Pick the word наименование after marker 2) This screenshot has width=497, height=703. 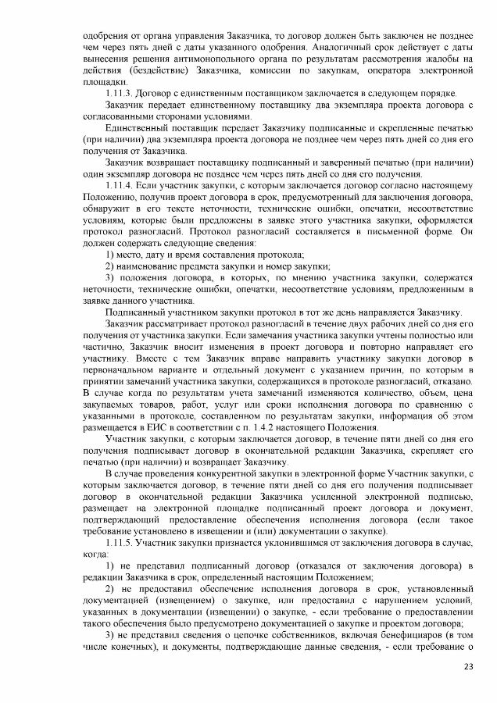point(153,266)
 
